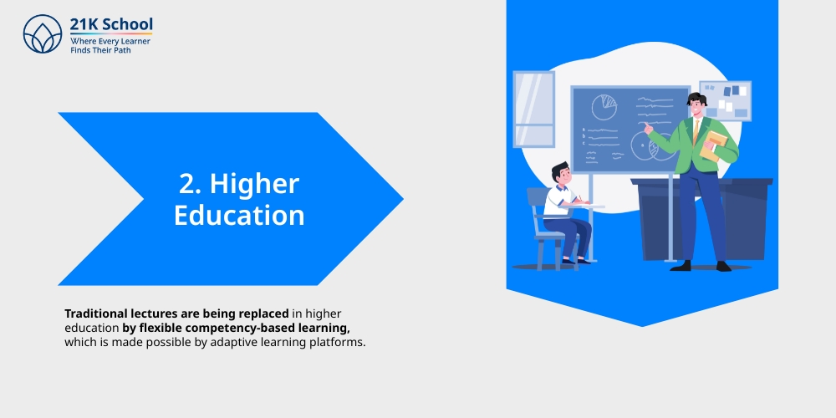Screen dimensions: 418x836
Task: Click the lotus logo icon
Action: (43, 34)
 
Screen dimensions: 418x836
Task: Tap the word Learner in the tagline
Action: (133, 40)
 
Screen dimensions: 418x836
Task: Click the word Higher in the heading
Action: (254, 184)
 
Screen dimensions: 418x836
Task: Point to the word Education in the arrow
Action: (239, 215)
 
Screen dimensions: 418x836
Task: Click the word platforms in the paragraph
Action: (338, 343)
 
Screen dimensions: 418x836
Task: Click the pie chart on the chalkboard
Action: (604, 106)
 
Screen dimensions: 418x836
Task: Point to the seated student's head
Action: (560, 175)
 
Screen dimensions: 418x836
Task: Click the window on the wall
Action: (533, 109)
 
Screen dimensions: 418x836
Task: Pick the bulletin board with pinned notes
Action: (725, 99)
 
